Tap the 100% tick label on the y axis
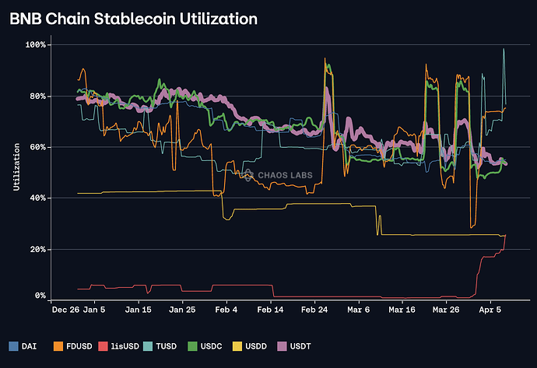tap(37, 45)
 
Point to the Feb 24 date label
tap(314, 310)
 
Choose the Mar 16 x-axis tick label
tap(402, 310)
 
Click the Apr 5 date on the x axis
tap(490, 310)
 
